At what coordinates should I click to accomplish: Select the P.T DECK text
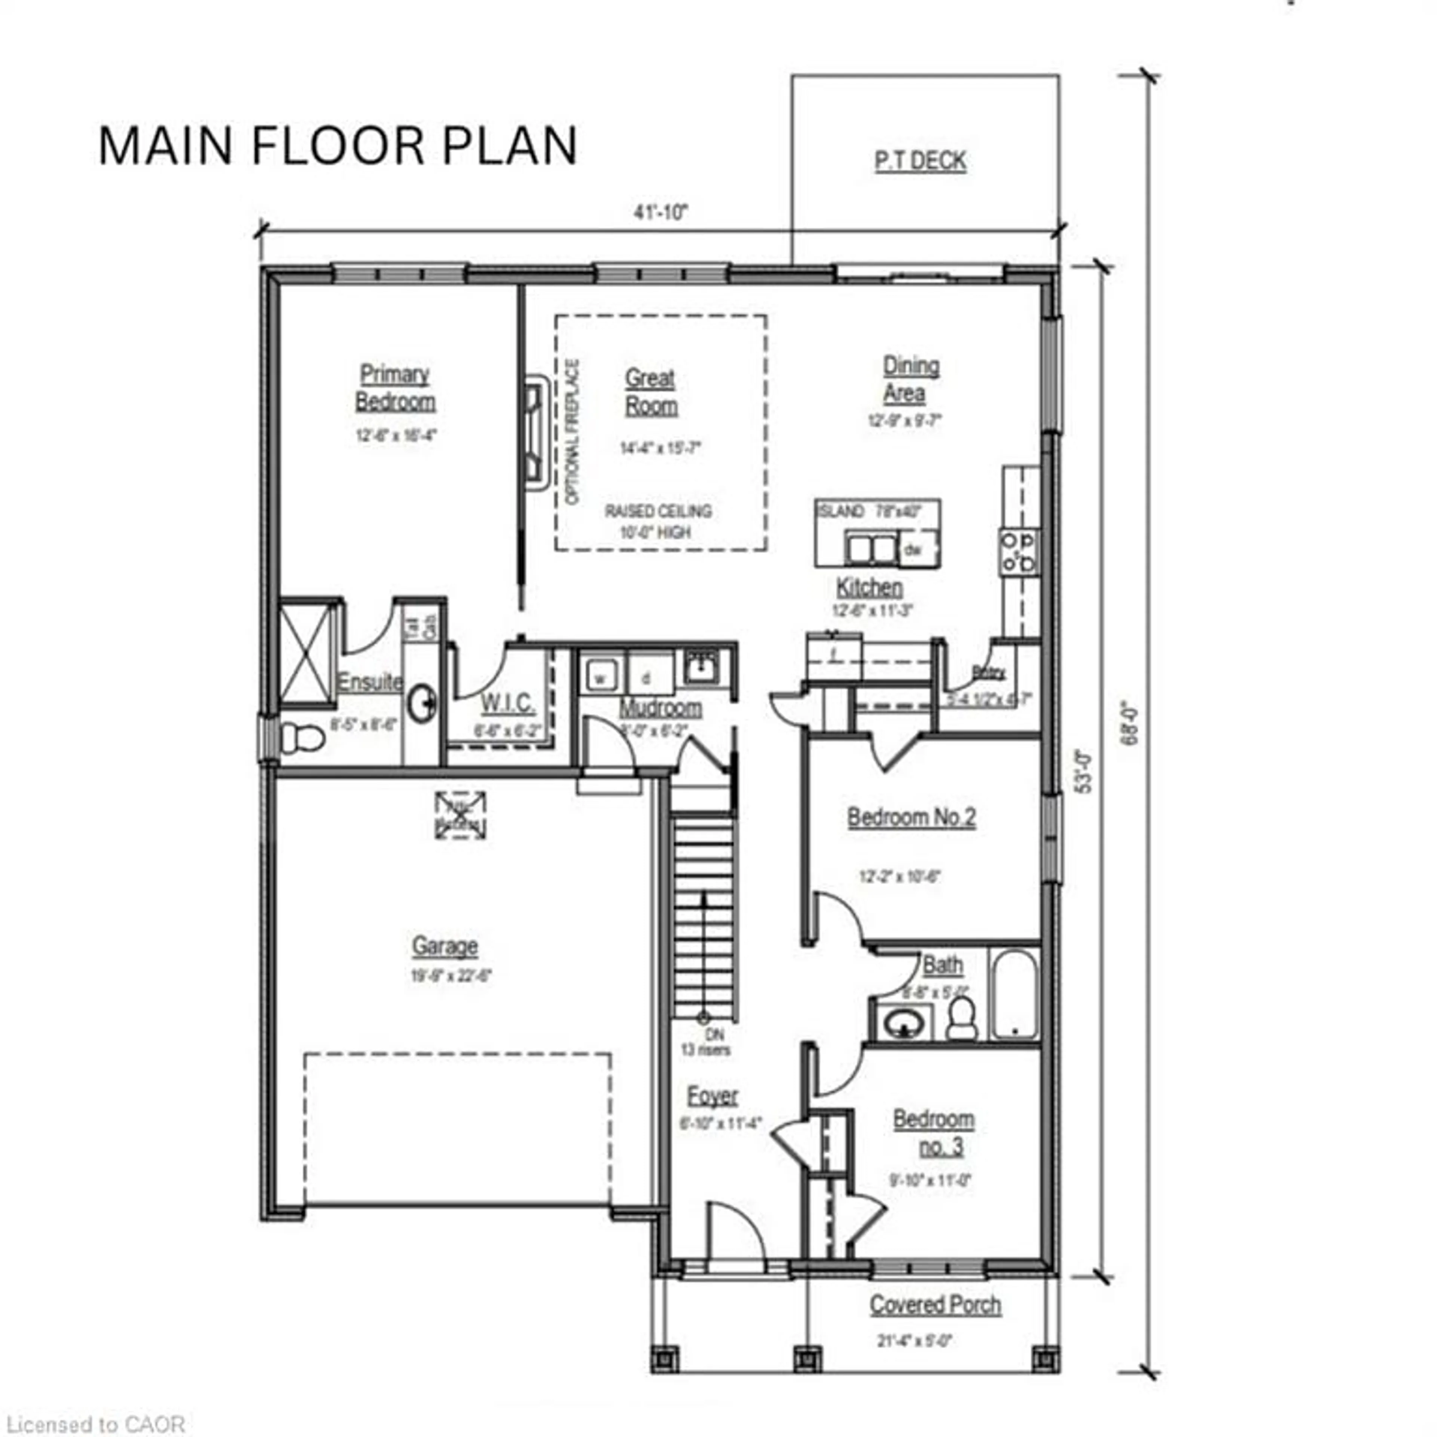pos(920,161)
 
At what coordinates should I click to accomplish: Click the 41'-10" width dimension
pos(660,213)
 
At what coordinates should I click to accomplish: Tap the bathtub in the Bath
pos(1015,994)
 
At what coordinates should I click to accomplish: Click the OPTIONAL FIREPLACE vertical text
pos(572,432)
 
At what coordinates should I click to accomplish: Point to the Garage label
pos(445,946)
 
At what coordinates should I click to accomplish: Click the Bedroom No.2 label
pos(911,817)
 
